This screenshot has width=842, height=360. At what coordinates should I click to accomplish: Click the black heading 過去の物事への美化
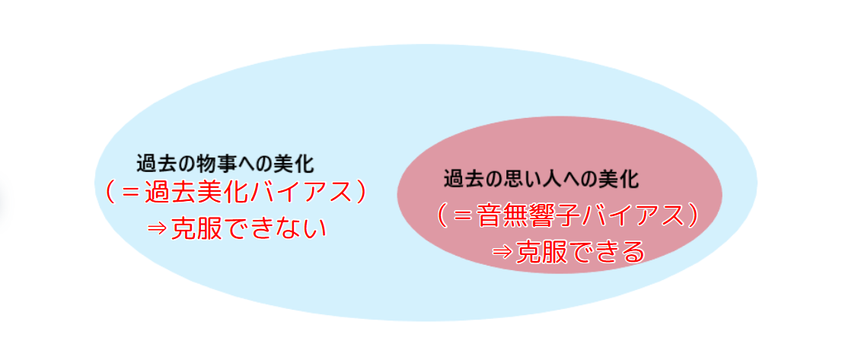[225, 164]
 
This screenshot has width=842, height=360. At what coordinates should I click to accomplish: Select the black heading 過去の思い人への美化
[541, 179]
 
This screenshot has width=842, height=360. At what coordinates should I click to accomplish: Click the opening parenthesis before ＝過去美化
[110, 193]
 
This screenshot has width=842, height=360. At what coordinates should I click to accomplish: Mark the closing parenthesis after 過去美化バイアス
[360, 193]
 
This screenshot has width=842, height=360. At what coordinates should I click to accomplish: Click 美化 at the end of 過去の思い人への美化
[620, 179]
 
